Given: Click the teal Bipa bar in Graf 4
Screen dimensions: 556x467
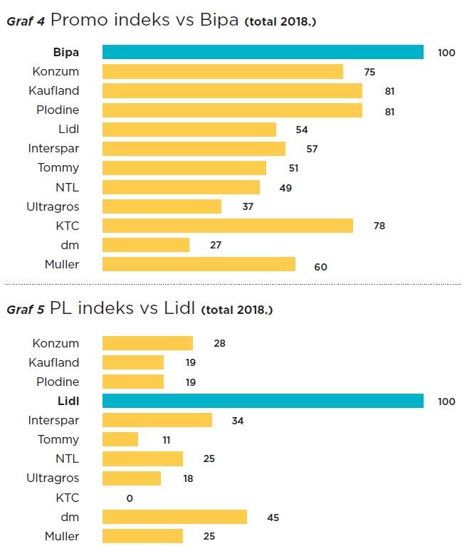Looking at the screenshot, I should pyautogui.click(x=263, y=52).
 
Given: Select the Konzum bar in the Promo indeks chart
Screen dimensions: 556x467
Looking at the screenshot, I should pyautogui.click(x=222, y=71).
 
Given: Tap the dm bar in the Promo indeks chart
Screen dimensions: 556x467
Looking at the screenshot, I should pyautogui.click(x=146, y=245).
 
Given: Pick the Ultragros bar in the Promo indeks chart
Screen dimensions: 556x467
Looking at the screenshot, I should pyautogui.click(x=162, y=206).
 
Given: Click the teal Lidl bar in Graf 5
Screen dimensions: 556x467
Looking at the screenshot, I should pyautogui.click(x=263, y=401).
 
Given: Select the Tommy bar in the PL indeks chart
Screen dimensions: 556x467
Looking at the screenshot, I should pyautogui.click(x=120, y=440).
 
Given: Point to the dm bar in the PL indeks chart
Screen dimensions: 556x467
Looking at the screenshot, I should pyautogui.click(x=174, y=517).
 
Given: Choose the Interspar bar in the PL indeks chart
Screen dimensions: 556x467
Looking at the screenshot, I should pyautogui.click(x=157, y=420).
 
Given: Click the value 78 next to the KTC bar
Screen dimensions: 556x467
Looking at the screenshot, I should pyautogui.click(x=379, y=226).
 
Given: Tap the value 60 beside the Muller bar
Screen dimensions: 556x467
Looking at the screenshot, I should pyautogui.click(x=320, y=267).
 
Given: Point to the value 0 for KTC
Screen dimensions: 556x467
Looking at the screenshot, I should pyautogui.click(x=130, y=498).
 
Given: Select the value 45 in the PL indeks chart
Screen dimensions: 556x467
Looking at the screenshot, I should pyautogui.click(x=273, y=518).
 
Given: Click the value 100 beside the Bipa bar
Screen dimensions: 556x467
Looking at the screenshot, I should pyautogui.click(x=446, y=53).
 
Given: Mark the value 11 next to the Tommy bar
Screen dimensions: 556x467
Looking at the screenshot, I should pyautogui.click(x=167, y=441).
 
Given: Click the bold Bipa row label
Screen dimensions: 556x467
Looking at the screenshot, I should pyautogui.click(x=65, y=52).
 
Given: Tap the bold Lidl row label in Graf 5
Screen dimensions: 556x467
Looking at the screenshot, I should pyautogui.click(x=68, y=401).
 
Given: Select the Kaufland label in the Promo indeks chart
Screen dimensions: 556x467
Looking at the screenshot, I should pyautogui.click(x=54, y=90).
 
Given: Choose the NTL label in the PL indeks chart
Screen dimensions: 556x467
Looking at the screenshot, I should pyautogui.click(x=67, y=459).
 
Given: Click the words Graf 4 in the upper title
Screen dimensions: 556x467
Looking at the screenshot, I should pyautogui.click(x=26, y=21).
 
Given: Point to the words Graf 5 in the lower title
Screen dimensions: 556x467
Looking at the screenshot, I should pyautogui.click(x=26, y=310).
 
